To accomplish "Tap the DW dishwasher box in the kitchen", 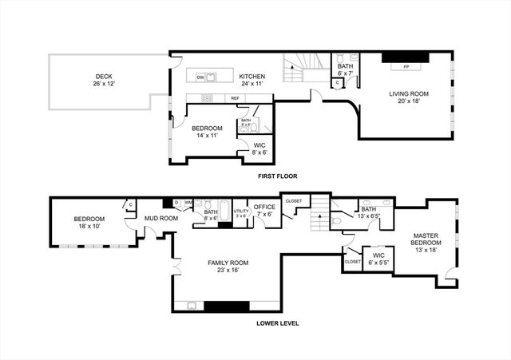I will pos(200,77).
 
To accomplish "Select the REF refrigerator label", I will pos(236,98).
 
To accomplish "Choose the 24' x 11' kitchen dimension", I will pos(252,84).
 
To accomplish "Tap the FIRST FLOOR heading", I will pos(278,175).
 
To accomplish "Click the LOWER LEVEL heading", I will pos(278,323).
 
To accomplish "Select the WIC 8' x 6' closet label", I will pos(259,148).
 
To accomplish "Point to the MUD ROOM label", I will pos(160,217).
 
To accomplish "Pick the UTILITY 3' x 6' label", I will pos(241,213).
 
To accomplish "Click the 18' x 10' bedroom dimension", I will pos(89,226).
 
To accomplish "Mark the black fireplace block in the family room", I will pos(228,306).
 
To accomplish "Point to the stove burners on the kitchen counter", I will pos(207,98).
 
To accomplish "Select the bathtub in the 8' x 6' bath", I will pos(225,211).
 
